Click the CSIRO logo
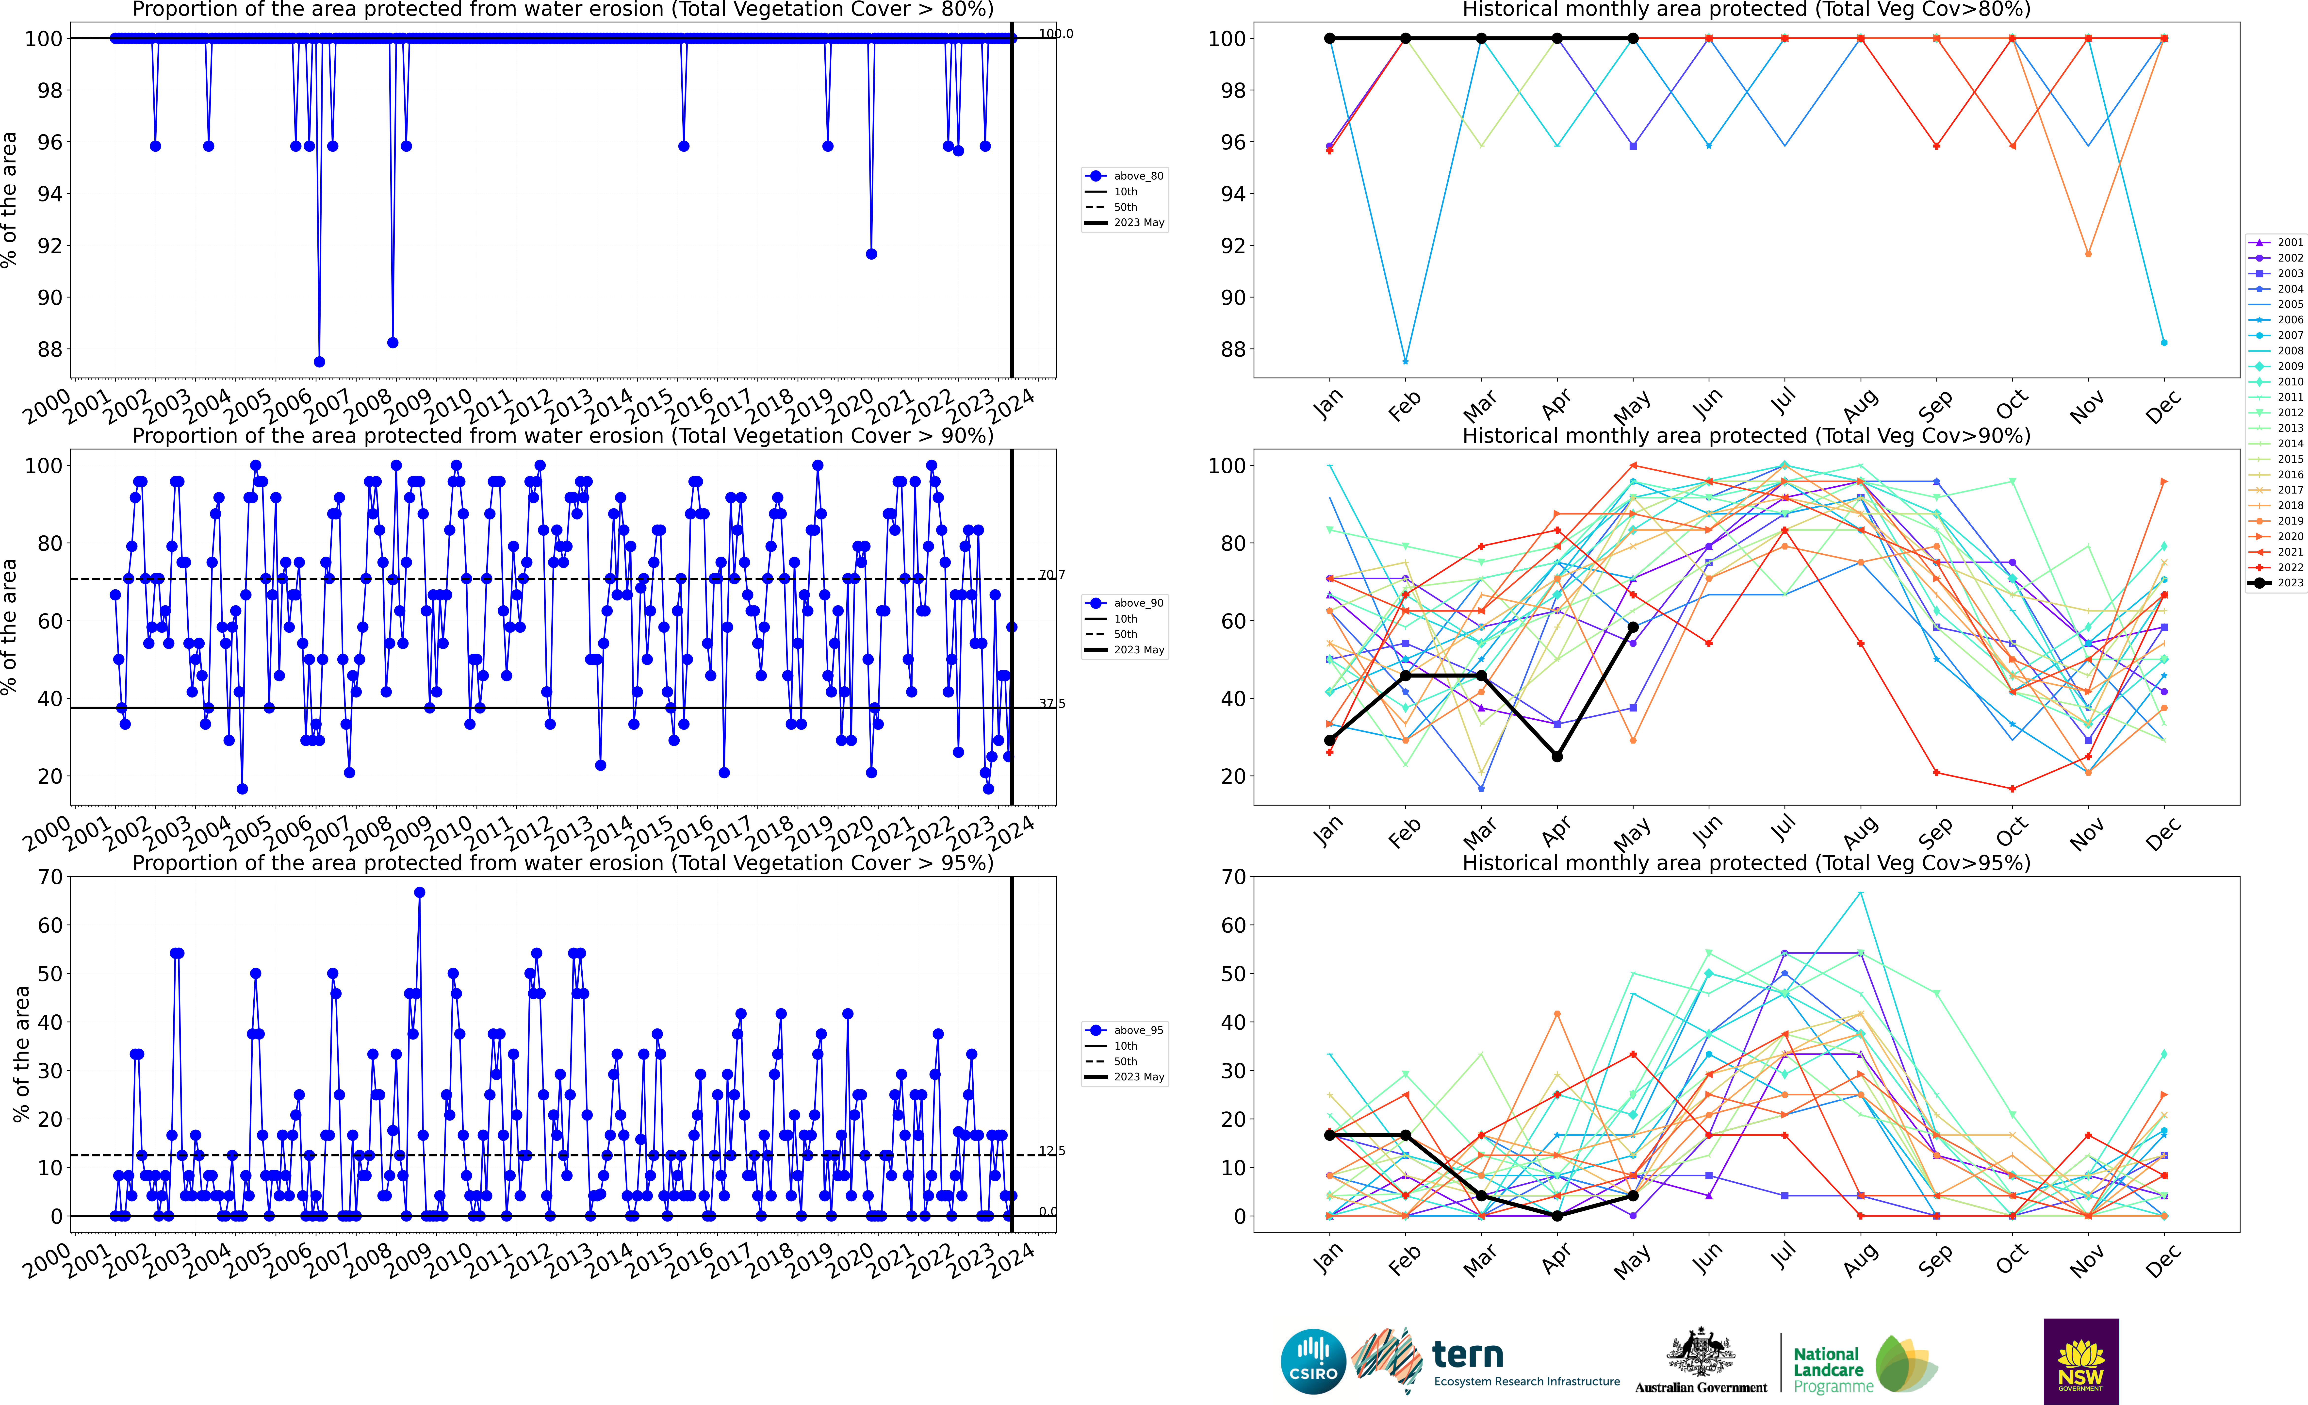pos(1313,1361)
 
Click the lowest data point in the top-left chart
pos(319,362)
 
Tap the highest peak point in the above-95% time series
pos(420,893)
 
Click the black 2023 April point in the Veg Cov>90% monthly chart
pos(1557,757)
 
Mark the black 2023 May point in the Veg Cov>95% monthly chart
pos(1633,1196)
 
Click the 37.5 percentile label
pos(1052,703)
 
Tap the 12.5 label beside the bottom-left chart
pos(1052,1151)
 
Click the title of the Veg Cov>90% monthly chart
pos(1746,436)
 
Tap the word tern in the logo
pos(1467,1355)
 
